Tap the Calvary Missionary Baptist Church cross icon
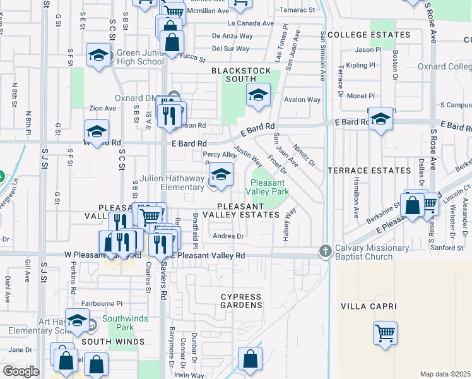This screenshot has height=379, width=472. [325, 251]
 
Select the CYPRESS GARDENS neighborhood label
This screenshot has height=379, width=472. [241, 301]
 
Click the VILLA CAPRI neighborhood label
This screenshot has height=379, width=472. [369, 306]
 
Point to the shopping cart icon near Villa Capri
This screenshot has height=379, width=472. [386, 333]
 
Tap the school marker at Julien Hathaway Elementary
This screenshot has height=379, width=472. [221, 175]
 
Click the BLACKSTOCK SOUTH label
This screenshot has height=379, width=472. [233, 75]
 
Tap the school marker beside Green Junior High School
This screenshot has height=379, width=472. [99, 56]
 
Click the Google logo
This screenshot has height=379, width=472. [21, 371]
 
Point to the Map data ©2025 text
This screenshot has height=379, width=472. [445, 374]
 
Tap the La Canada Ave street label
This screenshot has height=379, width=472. [251, 23]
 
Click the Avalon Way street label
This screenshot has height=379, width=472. [302, 99]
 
